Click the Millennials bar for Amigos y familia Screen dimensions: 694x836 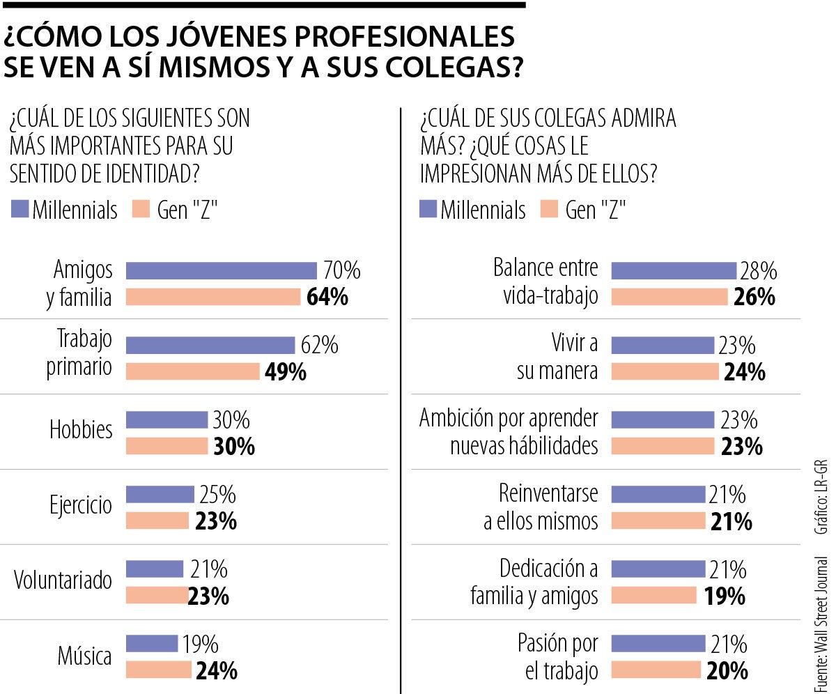tap(221, 270)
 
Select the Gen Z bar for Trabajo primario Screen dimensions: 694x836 tap(192, 372)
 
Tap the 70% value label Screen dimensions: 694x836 tap(341, 270)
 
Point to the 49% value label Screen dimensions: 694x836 tap(286, 372)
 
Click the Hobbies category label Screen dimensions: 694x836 tap(81, 429)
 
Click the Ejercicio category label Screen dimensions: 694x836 tap(81, 505)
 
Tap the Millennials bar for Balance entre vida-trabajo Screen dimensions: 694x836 tap(673, 270)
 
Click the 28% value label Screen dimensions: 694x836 tap(758, 270)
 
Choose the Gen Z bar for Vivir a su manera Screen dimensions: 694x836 tap(665, 372)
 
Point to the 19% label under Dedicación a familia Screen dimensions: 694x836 tap(725, 596)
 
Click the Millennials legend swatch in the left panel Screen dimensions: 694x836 tap(20, 210)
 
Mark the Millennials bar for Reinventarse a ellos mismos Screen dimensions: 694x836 tap(658, 494)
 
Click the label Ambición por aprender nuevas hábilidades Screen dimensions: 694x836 tap(509, 432)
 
